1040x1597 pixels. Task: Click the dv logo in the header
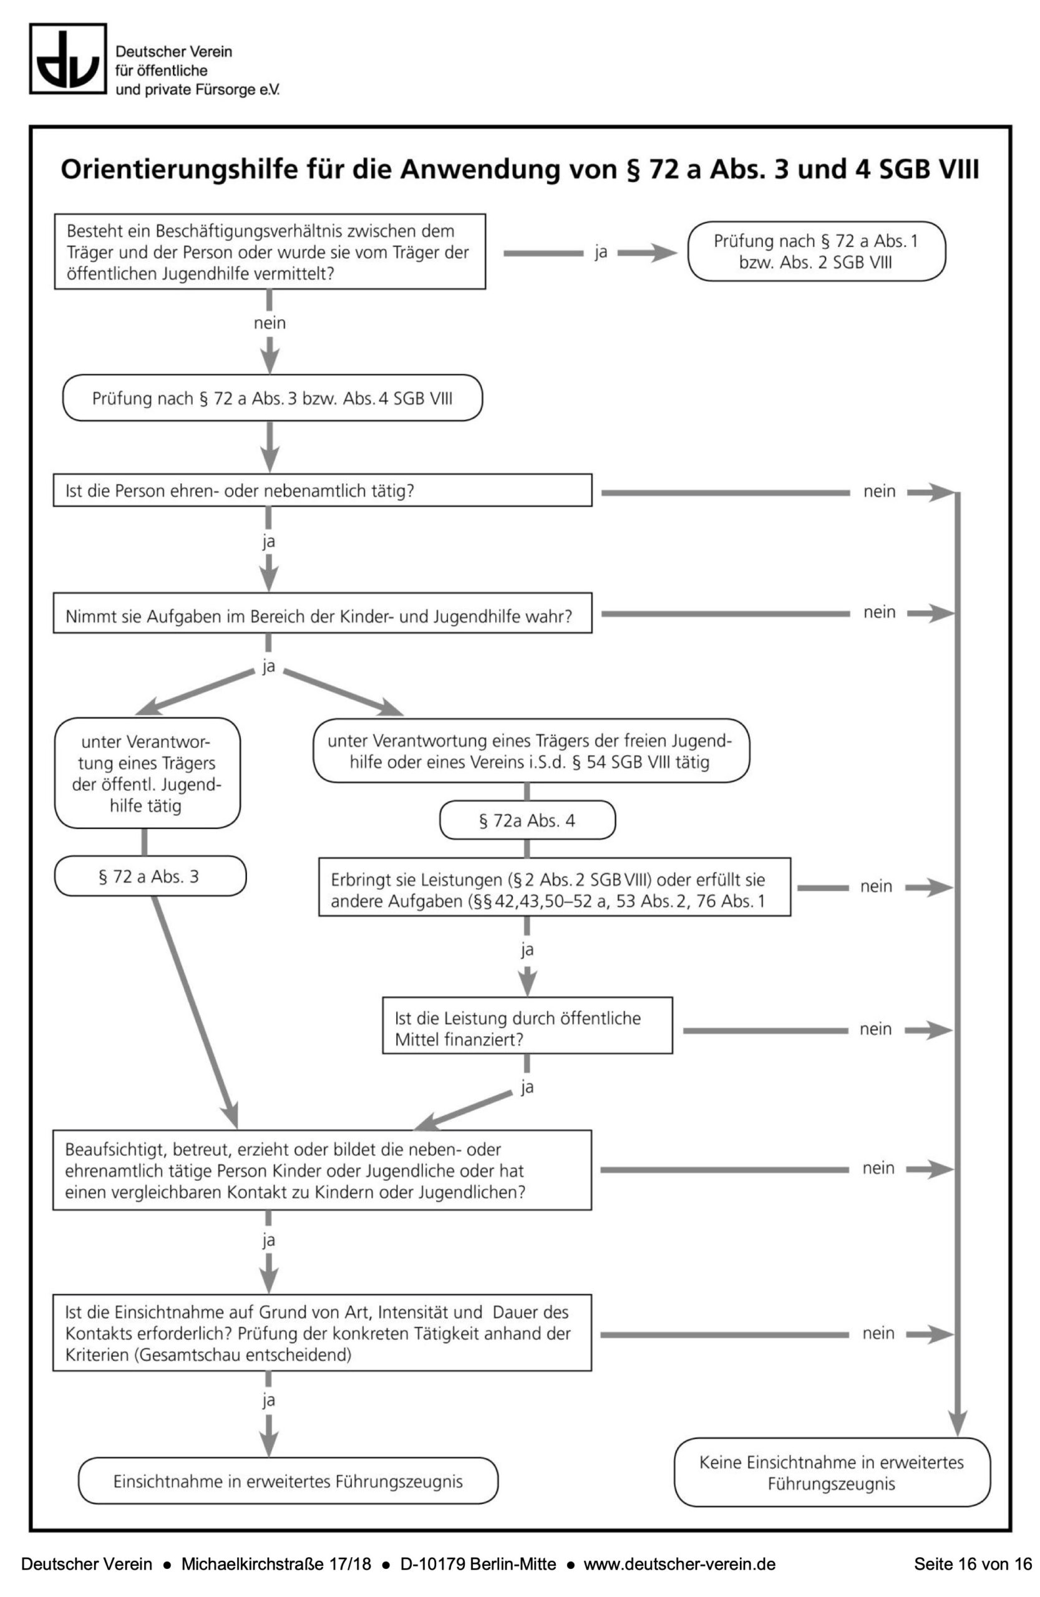[68, 59]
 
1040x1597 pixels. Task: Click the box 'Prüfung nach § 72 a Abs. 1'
[816, 251]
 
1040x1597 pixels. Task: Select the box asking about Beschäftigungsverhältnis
[270, 251]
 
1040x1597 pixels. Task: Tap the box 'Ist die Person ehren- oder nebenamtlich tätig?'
[322, 490]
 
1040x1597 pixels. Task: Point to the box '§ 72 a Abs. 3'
[150, 876]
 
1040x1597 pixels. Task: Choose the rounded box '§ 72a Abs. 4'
[527, 820]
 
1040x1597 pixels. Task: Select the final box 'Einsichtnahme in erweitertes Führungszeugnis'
[288, 1481]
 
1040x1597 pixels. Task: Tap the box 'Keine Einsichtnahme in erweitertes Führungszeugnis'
[832, 1472]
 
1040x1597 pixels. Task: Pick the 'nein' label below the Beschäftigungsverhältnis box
[270, 323]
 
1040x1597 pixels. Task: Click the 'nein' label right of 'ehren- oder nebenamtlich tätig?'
[879, 491]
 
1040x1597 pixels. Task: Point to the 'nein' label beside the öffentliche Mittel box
[876, 1029]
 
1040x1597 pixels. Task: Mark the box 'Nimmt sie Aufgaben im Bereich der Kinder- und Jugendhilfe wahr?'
[322, 613]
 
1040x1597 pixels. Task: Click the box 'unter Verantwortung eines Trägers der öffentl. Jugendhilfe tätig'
[147, 773]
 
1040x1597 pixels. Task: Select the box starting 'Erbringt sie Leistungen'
[554, 887]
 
